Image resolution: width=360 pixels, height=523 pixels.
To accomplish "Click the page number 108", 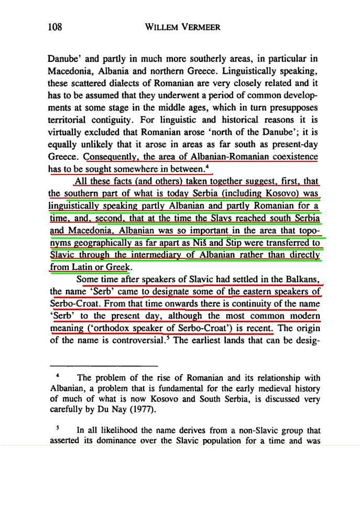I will coord(54,27).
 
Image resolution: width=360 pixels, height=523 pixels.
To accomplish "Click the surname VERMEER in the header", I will coord(201,27).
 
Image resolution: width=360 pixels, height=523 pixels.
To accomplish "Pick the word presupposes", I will coord(293,107).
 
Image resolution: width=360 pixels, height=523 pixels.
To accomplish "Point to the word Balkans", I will coord(301,279).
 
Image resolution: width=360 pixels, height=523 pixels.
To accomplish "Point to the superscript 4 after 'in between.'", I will coord(208,167).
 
